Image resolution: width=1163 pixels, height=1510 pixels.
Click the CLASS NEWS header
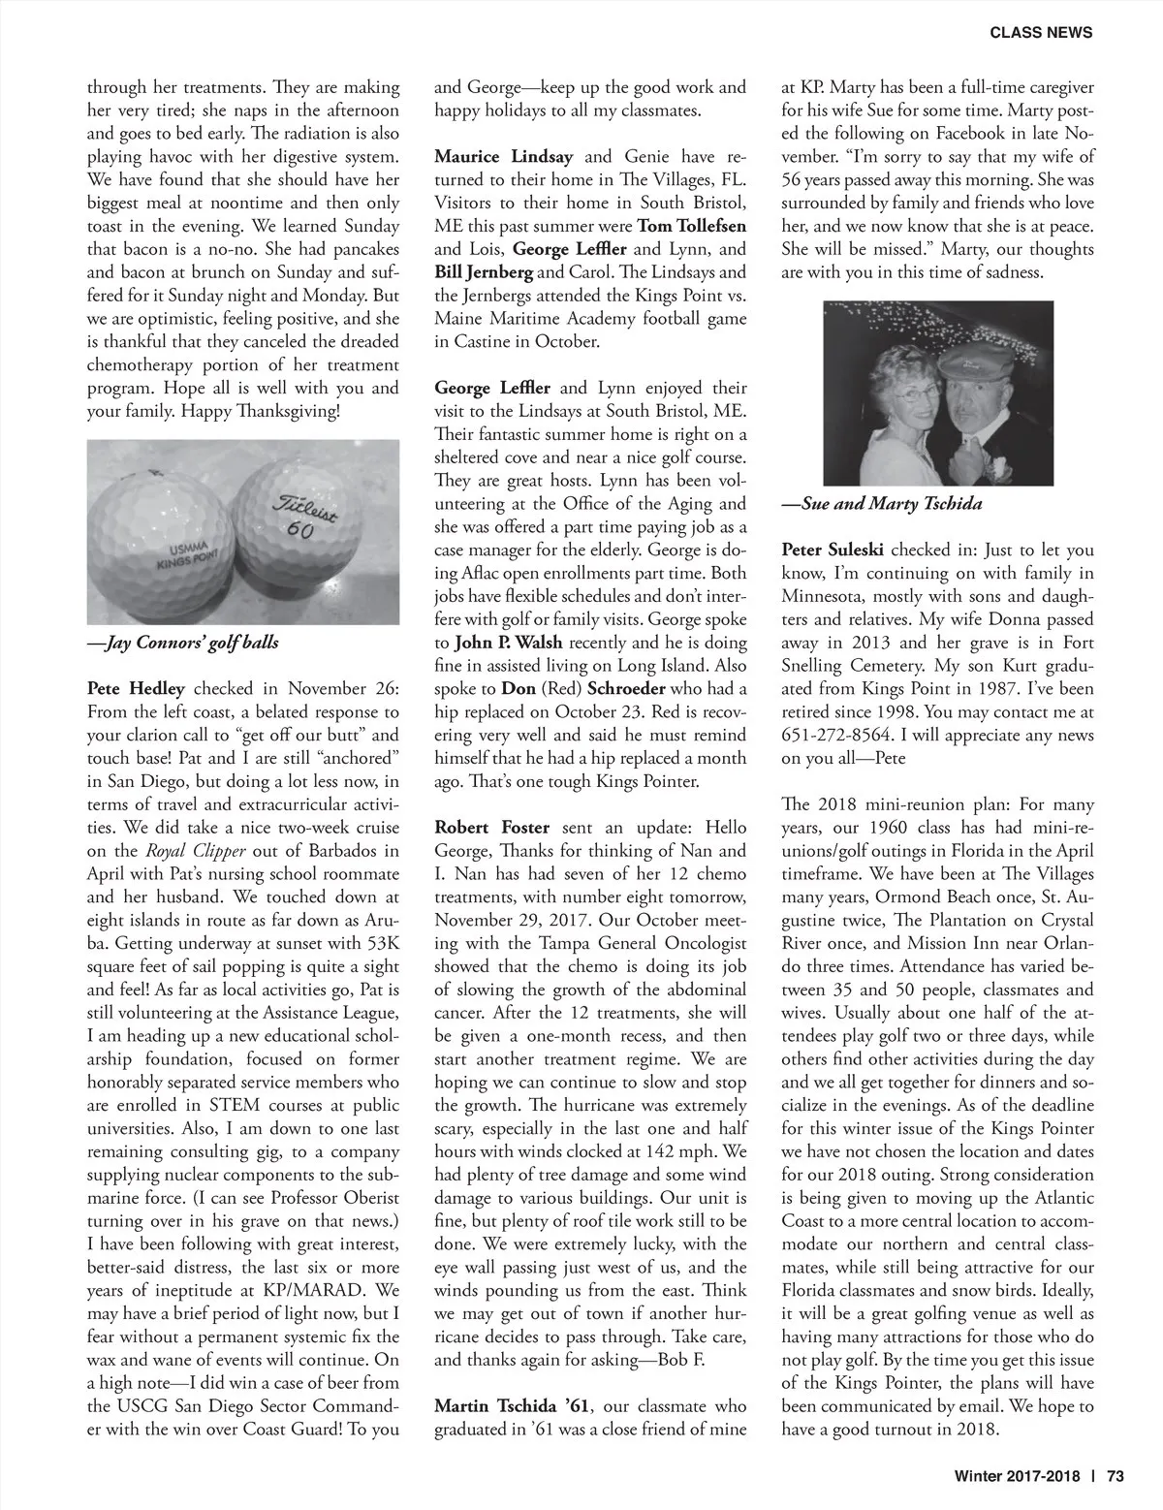1041,32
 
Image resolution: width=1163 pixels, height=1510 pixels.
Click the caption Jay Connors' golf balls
183,642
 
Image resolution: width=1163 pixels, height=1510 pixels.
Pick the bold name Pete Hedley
136,689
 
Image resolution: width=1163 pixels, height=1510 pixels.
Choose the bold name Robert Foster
491,828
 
